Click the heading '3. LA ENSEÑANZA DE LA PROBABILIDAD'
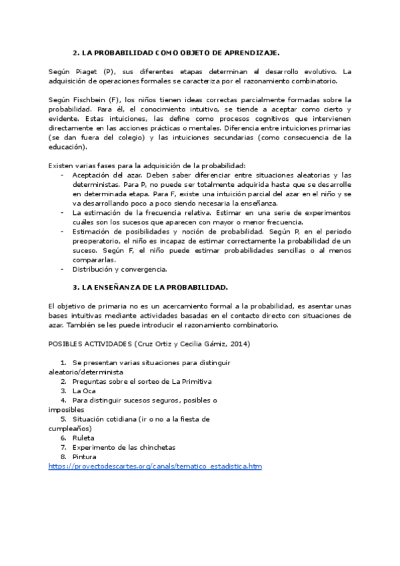point(150,287)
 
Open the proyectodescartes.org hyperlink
point(155,466)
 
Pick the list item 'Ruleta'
point(83,438)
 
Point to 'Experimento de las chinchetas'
point(123,447)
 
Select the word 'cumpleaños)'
point(70,428)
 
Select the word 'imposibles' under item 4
point(66,409)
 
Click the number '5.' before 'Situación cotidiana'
point(65,419)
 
